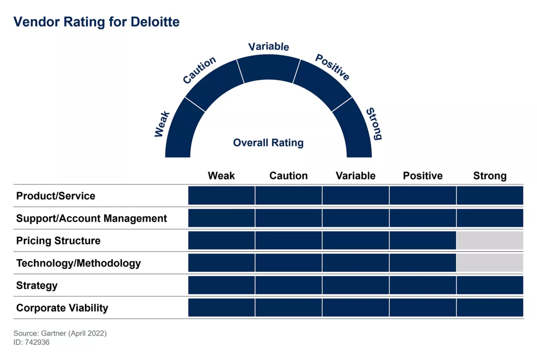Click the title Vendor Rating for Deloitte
click(96, 22)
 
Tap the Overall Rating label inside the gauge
click(268, 143)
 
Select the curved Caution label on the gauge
click(199, 70)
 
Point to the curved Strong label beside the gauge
click(374, 123)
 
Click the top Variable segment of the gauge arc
click(268, 68)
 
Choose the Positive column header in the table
click(423, 176)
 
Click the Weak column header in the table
click(221, 176)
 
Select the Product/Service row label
click(56, 196)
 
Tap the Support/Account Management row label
click(91, 218)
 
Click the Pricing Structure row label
click(58, 241)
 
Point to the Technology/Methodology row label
click(78, 263)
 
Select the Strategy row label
click(37, 285)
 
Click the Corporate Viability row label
click(62, 308)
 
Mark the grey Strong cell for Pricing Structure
click(490, 241)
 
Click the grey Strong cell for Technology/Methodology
click(490, 263)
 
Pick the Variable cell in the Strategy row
click(355, 285)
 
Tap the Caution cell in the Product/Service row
click(288, 196)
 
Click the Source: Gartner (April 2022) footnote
click(60, 333)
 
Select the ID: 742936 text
click(31, 342)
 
